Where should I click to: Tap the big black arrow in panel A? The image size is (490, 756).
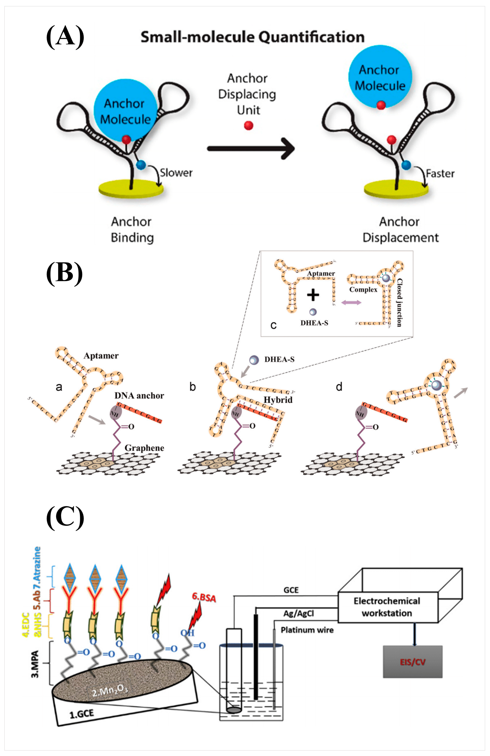coord(251,148)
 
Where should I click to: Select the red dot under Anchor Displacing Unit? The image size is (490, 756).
coord(248,125)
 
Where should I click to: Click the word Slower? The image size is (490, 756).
coord(176,173)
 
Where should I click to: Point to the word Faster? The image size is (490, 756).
coord(440,173)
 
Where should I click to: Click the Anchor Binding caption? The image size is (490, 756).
coord(132,229)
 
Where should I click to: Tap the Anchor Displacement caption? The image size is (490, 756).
coord(400,229)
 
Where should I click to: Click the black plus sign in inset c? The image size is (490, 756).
coord(313,295)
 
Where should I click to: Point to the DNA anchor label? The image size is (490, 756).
coord(139,395)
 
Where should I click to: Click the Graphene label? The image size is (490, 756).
coord(144,448)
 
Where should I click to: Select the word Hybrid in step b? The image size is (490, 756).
coord(278,400)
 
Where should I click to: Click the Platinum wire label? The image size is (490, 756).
coord(307,630)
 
